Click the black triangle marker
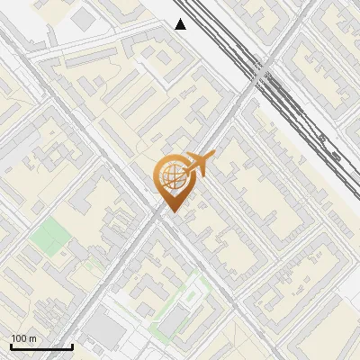click(x=181, y=24)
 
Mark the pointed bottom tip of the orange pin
click(x=171, y=212)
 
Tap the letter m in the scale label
click(x=33, y=338)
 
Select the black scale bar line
click(x=41, y=346)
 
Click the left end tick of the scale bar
click(x=11, y=345)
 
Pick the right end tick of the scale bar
click(x=72, y=345)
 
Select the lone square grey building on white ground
click(x=84, y=17)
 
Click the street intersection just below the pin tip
click(x=162, y=219)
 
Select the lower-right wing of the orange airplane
click(x=200, y=173)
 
